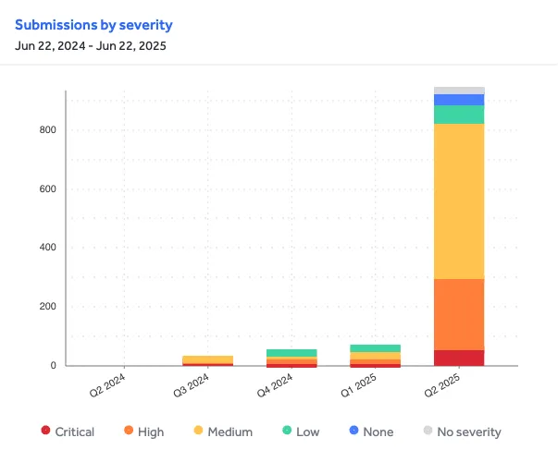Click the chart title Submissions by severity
click(x=93, y=25)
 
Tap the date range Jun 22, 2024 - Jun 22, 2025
click(x=90, y=46)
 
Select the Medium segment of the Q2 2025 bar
click(x=460, y=201)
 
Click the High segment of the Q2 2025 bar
click(x=460, y=314)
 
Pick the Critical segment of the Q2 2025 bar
click(x=460, y=358)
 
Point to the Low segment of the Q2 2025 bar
click(x=460, y=114)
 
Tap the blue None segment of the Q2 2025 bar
click(x=460, y=100)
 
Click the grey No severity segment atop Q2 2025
click(x=460, y=91)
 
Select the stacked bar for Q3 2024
click(x=207, y=360)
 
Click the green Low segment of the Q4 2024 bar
click(x=291, y=353)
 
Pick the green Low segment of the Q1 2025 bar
click(x=376, y=348)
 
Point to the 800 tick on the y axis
click(x=47, y=130)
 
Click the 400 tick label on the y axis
click(x=47, y=248)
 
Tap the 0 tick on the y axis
click(x=53, y=366)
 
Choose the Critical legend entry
click(x=68, y=432)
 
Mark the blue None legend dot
click(x=353, y=432)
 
